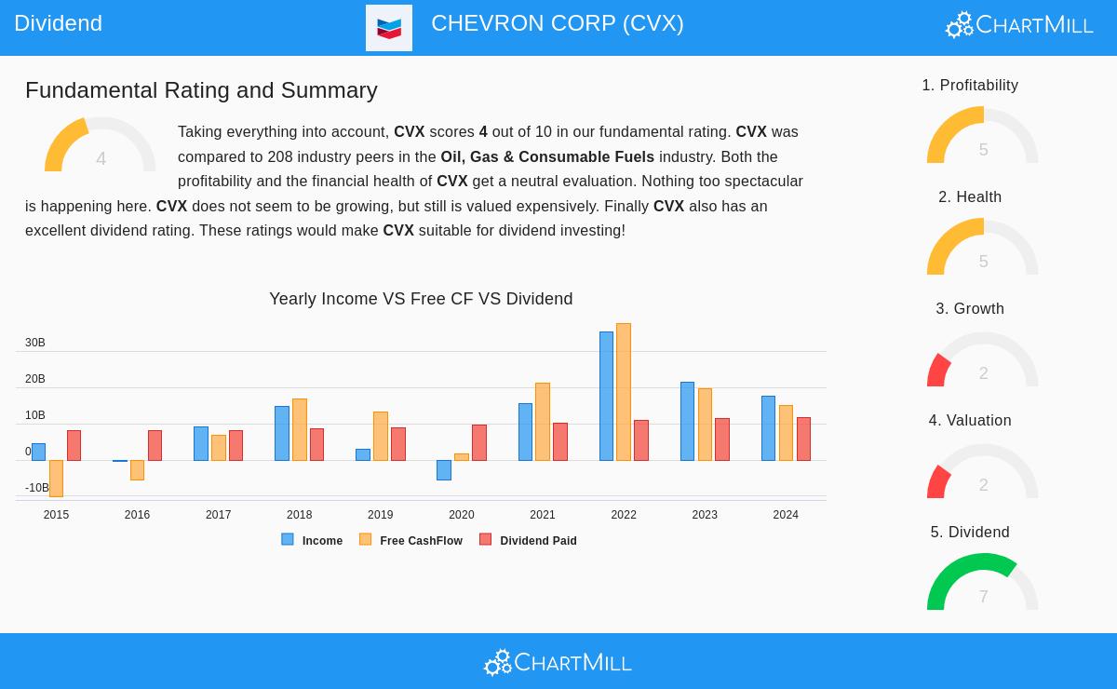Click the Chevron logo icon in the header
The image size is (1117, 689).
coord(389,28)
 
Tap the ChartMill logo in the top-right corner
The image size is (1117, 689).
coord(1019,24)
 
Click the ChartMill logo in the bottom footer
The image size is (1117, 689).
coord(558,662)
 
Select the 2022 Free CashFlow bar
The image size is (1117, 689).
coord(624,392)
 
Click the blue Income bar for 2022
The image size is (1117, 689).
coord(606,396)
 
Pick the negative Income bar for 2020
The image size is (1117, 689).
coord(444,469)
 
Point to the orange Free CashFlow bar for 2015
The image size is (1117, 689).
coord(56,478)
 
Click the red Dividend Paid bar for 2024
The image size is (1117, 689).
coord(803,439)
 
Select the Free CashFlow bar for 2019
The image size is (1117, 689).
coord(381,436)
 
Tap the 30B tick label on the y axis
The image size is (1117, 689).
coord(35,343)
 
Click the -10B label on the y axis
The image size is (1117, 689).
coord(37,488)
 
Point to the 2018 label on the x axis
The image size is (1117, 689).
coord(299,515)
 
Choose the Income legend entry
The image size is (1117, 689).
coord(313,540)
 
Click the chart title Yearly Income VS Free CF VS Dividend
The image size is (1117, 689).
coord(421,299)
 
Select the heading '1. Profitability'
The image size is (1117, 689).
coord(970,86)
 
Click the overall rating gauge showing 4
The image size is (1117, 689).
coord(101,147)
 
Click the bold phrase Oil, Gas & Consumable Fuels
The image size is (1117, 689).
coord(547,156)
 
